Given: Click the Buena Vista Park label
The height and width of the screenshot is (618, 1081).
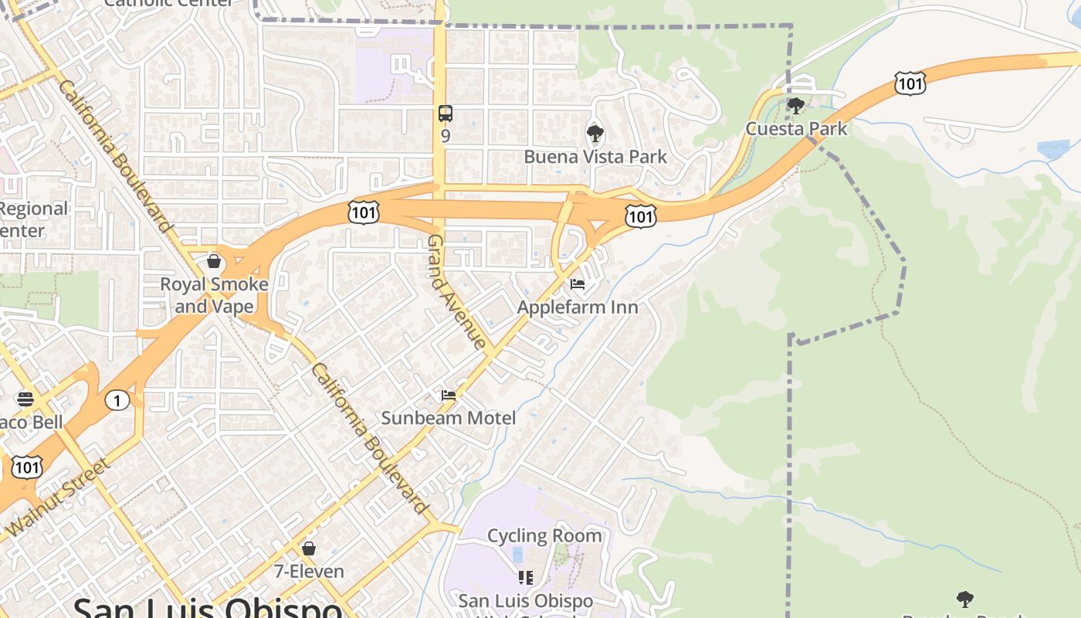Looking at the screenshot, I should click(595, 157).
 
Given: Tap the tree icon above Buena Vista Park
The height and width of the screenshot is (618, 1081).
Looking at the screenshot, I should click(595, 134).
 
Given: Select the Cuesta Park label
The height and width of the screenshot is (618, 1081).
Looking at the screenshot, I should click(796, 128).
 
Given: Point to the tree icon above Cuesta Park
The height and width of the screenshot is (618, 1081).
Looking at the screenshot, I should click(795, 106).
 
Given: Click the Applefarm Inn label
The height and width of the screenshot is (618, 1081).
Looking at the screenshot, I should click(578, 307).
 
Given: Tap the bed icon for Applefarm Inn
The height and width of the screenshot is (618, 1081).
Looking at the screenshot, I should click(577, 284).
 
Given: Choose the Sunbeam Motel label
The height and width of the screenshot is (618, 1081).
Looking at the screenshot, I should click(449, 418).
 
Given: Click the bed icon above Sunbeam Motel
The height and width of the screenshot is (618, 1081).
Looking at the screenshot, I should click(449, 396).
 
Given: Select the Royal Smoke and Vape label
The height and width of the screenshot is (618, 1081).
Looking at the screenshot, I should click(214, 295).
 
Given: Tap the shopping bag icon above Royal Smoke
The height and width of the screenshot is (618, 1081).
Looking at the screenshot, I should click(214, 261).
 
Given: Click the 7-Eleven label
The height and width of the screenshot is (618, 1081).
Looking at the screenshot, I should click(309, 572).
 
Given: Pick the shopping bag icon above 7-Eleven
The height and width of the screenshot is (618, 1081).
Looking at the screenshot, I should click(309, 548).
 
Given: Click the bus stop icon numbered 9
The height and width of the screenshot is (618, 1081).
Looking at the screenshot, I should click(446, 114).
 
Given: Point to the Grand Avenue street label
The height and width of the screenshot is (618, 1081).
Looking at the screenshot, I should click(457, 292).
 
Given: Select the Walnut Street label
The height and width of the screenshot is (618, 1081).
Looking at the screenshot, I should click(59, 497).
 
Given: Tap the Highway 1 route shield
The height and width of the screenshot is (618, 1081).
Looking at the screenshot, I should click(117, 400).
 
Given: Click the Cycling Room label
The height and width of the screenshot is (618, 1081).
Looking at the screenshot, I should click(545, 535).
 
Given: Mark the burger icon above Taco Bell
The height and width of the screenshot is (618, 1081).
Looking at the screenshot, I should click(25, 399).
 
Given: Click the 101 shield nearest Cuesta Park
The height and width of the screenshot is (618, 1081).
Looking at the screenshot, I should click(910, 83).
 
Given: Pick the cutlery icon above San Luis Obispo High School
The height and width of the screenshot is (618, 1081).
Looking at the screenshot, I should click(526, 578).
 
